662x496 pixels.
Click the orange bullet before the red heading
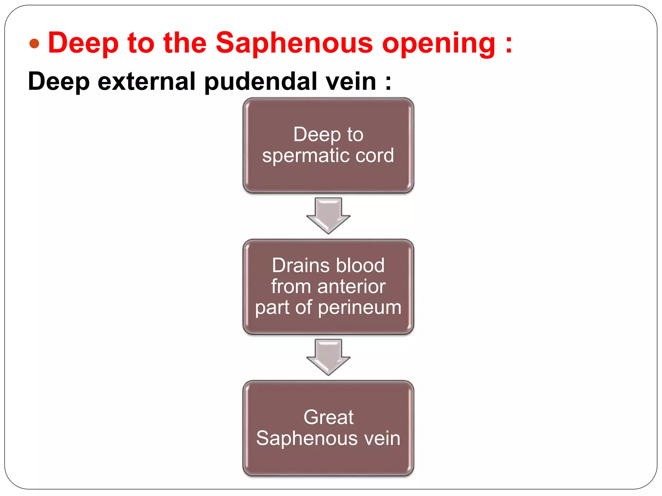tap(34, 44)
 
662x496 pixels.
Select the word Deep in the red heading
tap(83, 43)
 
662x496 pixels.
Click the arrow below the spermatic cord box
tap(328, 215)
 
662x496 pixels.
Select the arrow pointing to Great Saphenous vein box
tap(328, 356)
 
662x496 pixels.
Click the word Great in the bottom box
tap(328, 417)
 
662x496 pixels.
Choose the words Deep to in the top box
tap(328, 134)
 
